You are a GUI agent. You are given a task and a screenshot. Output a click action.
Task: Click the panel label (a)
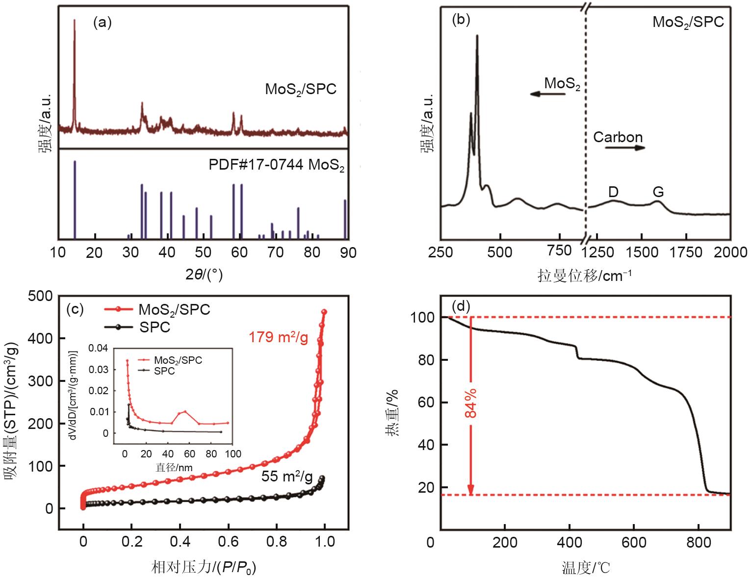103,23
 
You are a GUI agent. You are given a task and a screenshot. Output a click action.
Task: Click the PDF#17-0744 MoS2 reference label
277,165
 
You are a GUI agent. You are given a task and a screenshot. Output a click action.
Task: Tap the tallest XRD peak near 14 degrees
75,21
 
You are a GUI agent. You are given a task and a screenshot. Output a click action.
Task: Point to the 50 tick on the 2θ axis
203,253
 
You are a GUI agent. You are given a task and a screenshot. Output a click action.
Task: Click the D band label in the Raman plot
613,192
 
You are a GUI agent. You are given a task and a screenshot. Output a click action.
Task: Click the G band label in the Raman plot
658,192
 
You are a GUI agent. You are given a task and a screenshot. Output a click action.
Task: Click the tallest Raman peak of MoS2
477,36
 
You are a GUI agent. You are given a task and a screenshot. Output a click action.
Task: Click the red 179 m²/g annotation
278,337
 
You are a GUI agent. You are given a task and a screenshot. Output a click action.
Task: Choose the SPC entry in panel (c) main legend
155,327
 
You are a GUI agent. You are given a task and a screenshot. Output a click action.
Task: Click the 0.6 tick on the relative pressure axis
228,542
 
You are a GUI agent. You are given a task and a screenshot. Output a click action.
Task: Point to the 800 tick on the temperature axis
698,543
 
